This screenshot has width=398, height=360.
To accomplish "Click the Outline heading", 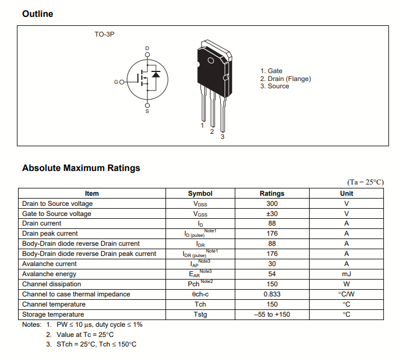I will coord(38,13).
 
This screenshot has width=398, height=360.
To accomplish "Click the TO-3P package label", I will coord(104,35).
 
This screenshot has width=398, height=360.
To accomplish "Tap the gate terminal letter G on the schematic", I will coord(116,82).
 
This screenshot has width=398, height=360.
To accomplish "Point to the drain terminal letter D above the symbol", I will coord(147,48).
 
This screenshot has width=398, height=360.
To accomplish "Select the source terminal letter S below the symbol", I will coord(147,111).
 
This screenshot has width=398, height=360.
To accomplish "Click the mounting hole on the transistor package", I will coord(211,61).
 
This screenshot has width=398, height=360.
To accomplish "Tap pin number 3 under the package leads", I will coord(222,137).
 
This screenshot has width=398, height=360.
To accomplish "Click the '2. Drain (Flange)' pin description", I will coord(285,79).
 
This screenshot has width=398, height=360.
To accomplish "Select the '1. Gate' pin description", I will coord(271,71).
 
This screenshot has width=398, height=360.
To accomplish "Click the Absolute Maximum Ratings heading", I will coord(81,168).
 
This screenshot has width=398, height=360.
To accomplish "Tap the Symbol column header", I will coord(200,193).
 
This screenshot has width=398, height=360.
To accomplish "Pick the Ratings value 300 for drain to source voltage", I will coord(272,204).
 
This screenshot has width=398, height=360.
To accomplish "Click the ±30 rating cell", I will coord(272,214).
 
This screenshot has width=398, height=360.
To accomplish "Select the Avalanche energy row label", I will coord(49,274).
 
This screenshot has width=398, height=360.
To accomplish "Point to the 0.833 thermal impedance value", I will coord(272,294).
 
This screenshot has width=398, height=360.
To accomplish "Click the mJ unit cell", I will coord(346,274).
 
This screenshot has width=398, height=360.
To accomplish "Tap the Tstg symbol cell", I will coord(200,314).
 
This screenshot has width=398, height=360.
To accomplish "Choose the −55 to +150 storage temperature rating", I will coord(272,314).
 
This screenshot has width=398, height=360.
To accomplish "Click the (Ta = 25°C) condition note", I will coord(365,182).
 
